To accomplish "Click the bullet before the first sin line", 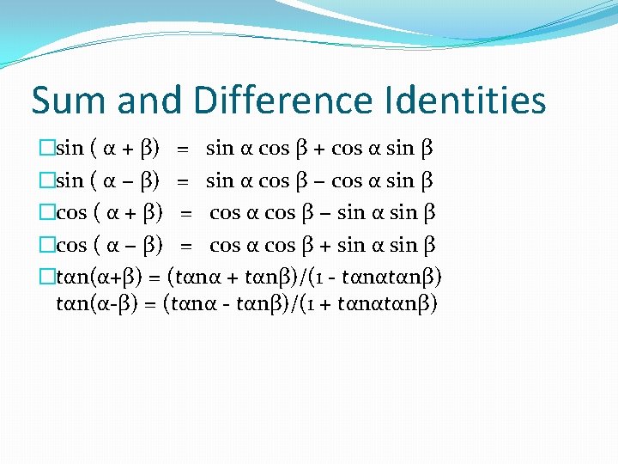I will [x=47, y=148].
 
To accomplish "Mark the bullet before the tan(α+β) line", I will [x=47, y=278].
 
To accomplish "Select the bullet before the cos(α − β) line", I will [x=47, y=246].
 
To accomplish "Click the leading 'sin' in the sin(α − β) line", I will [x=70, y=180].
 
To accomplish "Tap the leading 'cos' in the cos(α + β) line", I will [x=72, y=213].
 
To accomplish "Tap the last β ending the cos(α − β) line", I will [x=431, y=246].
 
